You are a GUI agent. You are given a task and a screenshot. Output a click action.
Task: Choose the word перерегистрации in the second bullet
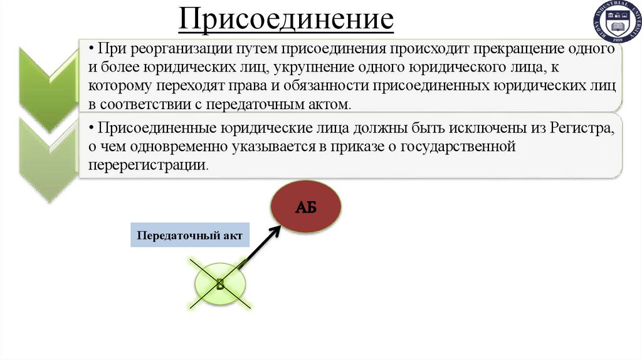tap(147, 166)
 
